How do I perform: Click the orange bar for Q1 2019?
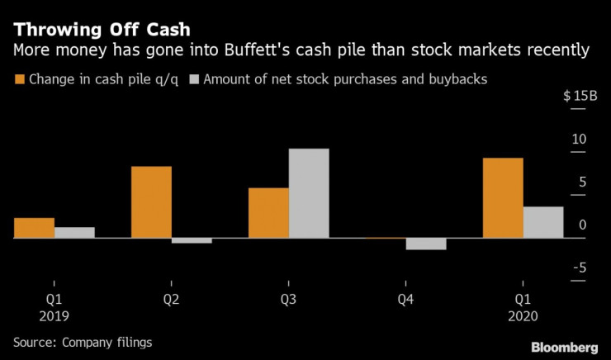(x=35, y=228)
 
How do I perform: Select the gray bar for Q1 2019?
(x=75, y=232)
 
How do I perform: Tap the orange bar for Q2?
(x=152, y=202)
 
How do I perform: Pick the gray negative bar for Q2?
(x=192, y=240)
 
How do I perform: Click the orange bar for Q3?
(x=269, y=213)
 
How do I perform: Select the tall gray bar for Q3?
(x=309, y=193)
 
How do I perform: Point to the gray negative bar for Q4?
(x=426, y=244)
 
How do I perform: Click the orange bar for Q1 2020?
(x=503, y=197)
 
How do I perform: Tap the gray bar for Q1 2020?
(x=543, y=222)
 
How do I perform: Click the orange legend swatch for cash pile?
(x=20, y=80)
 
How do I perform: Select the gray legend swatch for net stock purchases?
(x=195, y=80)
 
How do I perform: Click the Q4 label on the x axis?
(x=406, y=300)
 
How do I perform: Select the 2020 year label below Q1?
(x=523, y=315)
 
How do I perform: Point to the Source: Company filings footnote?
(x=83, y=341)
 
